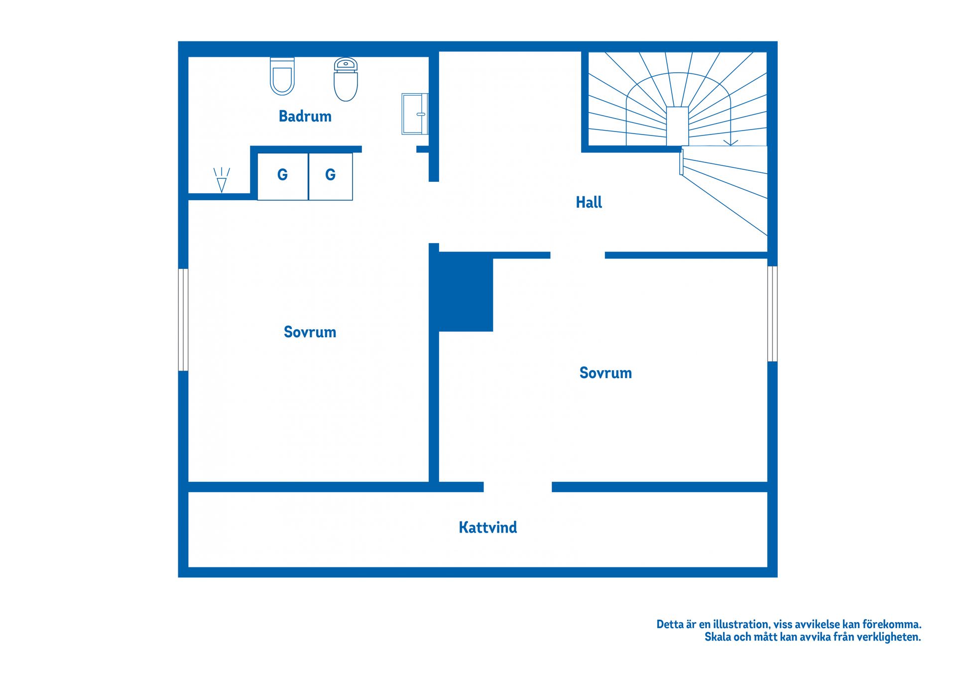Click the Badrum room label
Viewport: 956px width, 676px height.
305,116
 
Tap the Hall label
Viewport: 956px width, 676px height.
589,202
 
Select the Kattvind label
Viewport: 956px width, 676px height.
488,527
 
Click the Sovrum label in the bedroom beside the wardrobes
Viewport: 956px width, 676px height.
310,332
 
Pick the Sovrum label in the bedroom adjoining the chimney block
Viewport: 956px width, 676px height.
605,373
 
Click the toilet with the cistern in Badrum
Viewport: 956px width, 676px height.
346,79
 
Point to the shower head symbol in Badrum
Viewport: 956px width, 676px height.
222,180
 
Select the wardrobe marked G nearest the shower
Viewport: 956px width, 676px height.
331,176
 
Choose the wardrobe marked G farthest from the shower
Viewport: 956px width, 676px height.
282,176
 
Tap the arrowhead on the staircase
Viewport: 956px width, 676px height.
730,142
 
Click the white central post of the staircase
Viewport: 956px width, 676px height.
677,126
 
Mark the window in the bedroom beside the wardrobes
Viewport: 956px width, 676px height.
183,320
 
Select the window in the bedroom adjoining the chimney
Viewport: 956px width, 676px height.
772,314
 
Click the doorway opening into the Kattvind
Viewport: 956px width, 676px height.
518,487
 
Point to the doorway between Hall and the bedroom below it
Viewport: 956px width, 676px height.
578,255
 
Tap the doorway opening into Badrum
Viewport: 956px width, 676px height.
389,149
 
